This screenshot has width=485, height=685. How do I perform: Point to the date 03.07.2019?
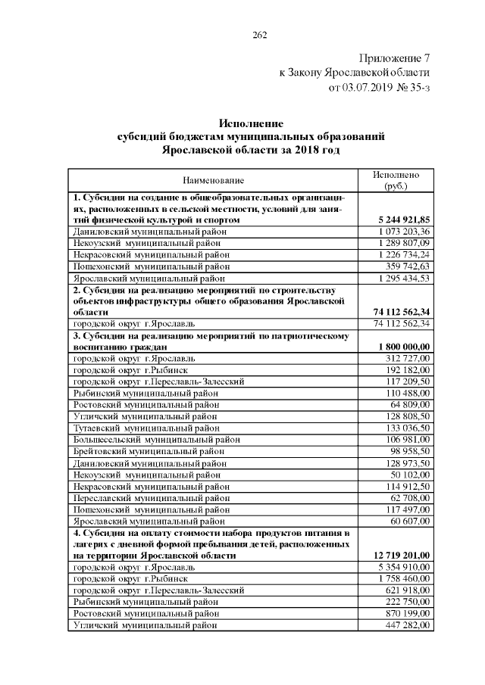(370, 87)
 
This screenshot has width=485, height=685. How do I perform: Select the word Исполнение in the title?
(250, 123)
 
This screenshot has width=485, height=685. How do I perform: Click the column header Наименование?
(213, 180)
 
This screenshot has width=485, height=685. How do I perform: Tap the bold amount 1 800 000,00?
(402, 346)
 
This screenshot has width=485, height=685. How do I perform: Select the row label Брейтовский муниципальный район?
(147, 451)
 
